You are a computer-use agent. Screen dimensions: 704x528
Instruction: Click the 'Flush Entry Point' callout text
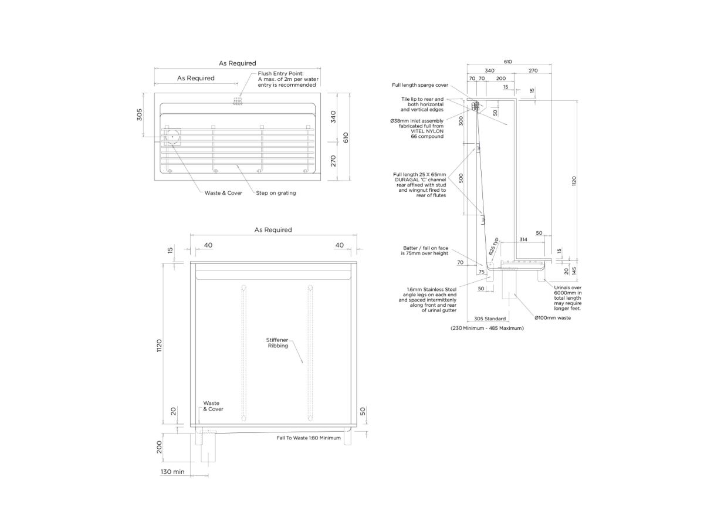(288, 79)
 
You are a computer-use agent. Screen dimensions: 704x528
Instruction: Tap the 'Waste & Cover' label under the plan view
(224, 193)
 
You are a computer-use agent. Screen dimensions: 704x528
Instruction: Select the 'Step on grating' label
(276, 193)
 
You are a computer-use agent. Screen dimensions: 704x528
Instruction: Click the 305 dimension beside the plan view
(139, 115)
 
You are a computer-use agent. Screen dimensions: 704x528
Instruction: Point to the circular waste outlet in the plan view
(172, 137)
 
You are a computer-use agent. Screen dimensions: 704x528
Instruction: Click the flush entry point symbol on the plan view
(238, 101)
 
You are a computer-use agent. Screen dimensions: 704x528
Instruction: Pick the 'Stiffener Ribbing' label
(277, 343)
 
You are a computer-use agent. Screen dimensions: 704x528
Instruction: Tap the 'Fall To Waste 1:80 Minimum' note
(309, 438)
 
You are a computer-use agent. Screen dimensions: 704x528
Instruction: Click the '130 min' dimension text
(172, 472)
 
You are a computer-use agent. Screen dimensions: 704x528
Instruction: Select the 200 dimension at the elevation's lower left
(160, 447)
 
